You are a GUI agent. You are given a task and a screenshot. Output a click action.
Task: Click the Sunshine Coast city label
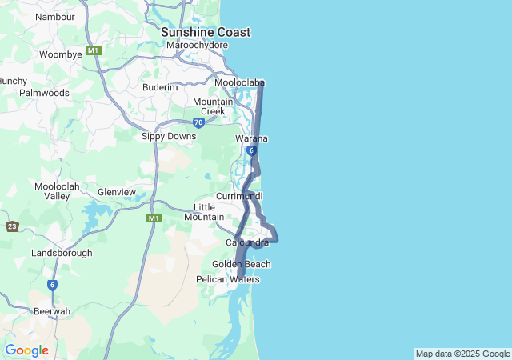pos(206,32)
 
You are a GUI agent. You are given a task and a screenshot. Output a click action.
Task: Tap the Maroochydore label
pos(197,46)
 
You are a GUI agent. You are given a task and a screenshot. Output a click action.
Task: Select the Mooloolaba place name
pos(239,82)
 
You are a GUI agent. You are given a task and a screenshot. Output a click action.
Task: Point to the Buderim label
pos(160,87)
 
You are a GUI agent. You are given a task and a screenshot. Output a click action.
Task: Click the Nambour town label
pos(55,16)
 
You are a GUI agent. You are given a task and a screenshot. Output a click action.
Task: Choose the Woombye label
pos(61,54)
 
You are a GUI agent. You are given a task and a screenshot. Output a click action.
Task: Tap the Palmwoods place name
pos(44,93)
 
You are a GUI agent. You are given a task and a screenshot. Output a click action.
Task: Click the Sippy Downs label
pos(169,136)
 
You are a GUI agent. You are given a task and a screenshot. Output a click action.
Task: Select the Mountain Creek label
pos(213,106)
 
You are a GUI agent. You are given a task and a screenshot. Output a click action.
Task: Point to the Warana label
pos(251,138)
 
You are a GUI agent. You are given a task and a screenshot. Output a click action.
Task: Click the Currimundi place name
pos(239,196)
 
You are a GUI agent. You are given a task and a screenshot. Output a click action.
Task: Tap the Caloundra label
pos(247,242)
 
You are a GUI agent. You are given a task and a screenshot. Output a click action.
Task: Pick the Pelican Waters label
pos(228,279)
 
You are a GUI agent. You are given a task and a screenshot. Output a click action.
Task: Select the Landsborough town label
pos(62,253)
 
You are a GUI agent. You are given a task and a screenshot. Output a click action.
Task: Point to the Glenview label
pos(117,192)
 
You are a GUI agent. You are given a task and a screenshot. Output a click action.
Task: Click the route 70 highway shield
pos(198,122)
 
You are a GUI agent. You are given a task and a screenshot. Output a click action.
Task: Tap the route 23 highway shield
pos(12,226)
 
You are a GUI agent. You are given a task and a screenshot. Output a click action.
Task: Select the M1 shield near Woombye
pos(94,50)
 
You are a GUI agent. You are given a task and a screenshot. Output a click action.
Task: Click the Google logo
pos(27,350)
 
